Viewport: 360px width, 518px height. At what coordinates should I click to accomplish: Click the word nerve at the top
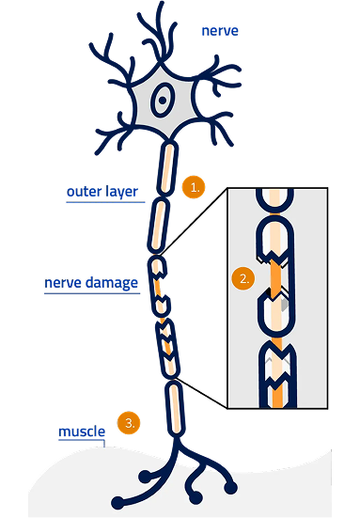click(220, 31)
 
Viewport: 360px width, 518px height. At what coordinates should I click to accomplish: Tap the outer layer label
click(102, 192)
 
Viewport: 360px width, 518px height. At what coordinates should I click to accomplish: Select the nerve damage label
click(91, 282)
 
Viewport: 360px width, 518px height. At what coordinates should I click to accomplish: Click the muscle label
click(81, 432)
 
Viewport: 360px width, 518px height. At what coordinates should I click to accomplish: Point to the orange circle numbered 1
click(194, 187)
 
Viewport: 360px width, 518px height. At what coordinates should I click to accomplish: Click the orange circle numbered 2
click(243, 278)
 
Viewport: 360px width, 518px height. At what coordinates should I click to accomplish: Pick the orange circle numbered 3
click(130, 423)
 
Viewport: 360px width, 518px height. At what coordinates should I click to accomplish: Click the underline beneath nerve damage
click(91, 291)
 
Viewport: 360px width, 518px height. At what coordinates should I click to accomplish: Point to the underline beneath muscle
click(81, 441)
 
